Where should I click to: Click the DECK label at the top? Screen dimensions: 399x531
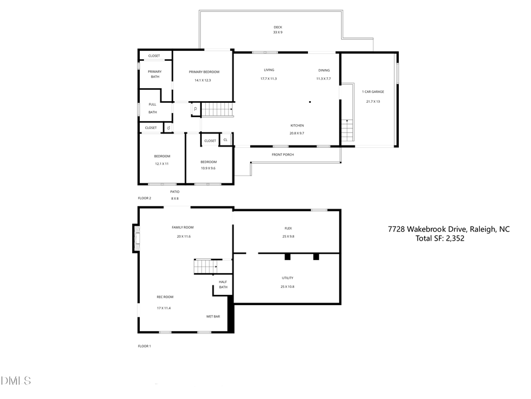(277, 27)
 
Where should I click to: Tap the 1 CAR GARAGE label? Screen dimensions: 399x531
(373, 92)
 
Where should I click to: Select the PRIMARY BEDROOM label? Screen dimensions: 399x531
(204, 72)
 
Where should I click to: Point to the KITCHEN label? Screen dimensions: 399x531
(297, 125)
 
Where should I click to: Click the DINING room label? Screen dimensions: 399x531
(324, 70)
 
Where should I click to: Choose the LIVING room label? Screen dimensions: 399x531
(268, 70)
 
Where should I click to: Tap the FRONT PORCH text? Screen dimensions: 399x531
(283, 155)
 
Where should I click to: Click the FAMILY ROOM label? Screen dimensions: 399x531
(182, 228)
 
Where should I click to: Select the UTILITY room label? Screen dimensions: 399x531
(287, 278)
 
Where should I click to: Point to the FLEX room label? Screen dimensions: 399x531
(288, 228)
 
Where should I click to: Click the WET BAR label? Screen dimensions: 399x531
(213, 317)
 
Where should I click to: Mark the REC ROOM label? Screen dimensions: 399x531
(165, 297)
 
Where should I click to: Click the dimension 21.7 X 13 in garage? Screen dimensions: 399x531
(373, 102)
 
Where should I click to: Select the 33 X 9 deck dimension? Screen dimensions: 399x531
(277, 33)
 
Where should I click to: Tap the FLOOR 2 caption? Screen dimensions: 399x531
(145, 198)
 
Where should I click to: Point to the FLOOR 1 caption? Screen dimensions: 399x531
(145, 346)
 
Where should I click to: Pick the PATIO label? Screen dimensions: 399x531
(175, 192)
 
